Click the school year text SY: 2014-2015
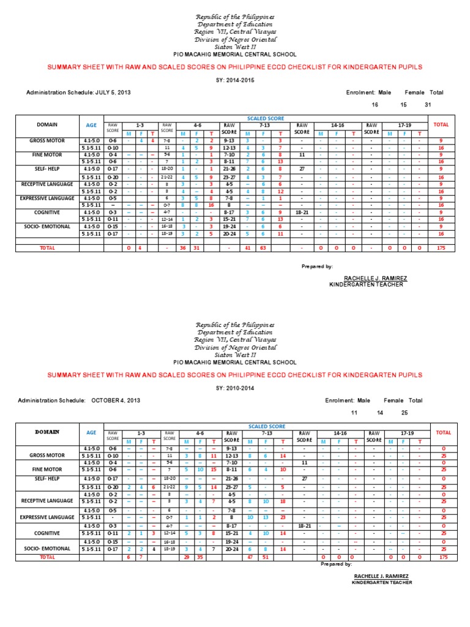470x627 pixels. (x=235, y=80)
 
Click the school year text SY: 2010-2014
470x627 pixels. (x=235, y=388)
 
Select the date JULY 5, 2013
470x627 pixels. (x=113, y=92)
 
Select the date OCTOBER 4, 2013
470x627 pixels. (x=116, y=400)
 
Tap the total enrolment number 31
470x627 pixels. (x=428, y=105)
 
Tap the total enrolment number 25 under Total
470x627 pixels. (x=404, y=413)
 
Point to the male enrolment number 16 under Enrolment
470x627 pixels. (x=375, y=105)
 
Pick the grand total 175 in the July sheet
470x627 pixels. (x=441, y=248)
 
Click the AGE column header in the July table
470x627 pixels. (x=91, y=124)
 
